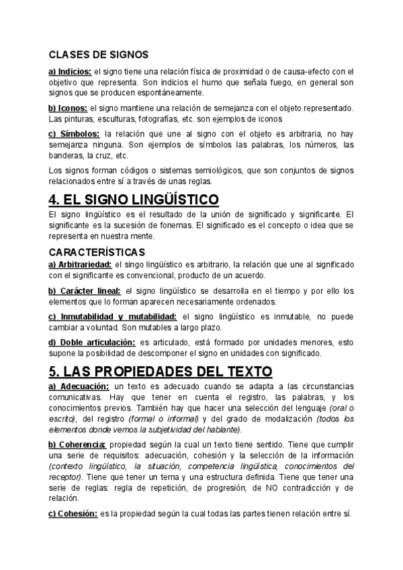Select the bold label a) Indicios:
click(x=70, y=71)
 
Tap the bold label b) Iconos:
click(x=68, y=108)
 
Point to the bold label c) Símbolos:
click(x=74, y=134)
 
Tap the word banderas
click(x=64, y=155)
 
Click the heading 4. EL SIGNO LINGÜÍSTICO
click(x=134, y=199)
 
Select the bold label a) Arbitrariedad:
click(x=80, y=265)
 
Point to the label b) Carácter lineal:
click(x=84, y=291)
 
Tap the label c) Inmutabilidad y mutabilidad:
click(x=112, y=317)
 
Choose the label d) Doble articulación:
click(x=91, y=342)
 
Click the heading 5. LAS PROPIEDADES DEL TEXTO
click(x=160, y=371)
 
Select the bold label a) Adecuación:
click(x=79, y=386)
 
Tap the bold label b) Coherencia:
click(x=77, y=445)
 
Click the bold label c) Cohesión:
click(x=73, y=514)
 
